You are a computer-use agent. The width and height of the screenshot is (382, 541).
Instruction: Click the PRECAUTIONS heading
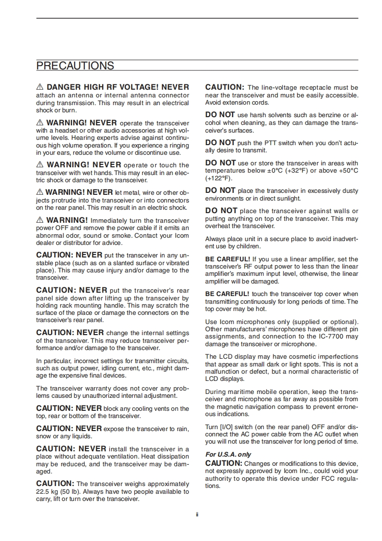(x=75, y=66)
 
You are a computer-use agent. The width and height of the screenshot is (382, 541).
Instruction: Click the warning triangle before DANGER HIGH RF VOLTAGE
(x=40, y=87)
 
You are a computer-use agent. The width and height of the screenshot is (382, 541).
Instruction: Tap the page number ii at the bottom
(x=197, y=514)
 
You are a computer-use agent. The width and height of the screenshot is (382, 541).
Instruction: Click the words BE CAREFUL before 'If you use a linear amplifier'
(x=227, y=259)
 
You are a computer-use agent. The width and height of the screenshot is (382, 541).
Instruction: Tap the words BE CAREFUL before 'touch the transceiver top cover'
(x=227, y=294)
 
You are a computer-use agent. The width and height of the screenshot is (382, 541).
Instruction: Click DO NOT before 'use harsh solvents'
(x=220, y=115)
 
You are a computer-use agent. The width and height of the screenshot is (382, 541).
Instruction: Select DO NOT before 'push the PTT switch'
(x=220, y=142)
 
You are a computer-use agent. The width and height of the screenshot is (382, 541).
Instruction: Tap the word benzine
(x=325, y=115)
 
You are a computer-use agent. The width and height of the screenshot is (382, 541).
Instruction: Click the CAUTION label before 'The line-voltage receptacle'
(x=224, y=87)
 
